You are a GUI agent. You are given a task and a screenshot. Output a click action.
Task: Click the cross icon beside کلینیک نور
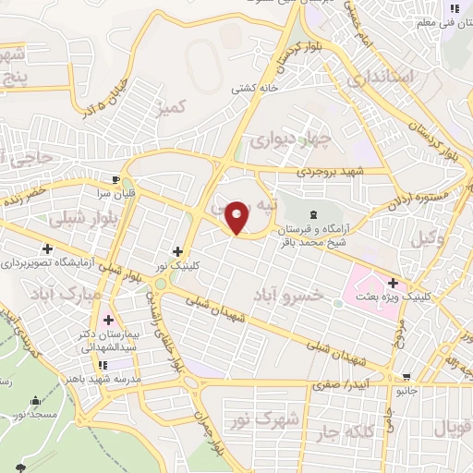(x=177, y=251)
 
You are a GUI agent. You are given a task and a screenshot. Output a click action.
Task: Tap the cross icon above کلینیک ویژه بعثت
(x=394, y=284)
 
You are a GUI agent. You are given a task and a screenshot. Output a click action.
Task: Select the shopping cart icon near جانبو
(x=407, y=377)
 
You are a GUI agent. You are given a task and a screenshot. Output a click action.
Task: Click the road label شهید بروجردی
(x=331, y=172)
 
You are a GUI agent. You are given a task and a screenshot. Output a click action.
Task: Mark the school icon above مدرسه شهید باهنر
(x=109, y=365)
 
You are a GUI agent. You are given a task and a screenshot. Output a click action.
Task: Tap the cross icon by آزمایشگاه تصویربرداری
(x=47, y=249)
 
